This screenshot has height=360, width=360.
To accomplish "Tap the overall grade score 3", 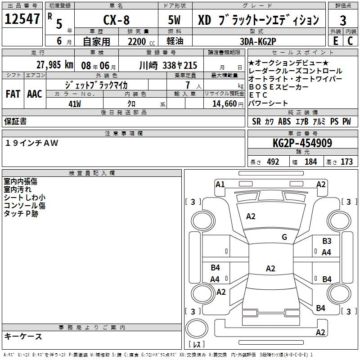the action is click(343, 20).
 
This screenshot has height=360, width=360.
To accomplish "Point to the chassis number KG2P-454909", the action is click(302, 143).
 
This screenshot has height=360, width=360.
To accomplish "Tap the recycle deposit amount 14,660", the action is click(220, 103).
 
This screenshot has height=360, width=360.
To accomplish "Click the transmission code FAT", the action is click(13, 94).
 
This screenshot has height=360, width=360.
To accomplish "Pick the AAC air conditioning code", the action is click(34, 94).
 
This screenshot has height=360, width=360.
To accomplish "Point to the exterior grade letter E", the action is click(335, 41).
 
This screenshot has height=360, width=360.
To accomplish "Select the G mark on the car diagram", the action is click(284, 237).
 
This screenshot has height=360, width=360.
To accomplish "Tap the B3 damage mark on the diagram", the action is click(327, 241).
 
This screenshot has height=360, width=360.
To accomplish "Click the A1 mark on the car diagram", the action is click(220, 184).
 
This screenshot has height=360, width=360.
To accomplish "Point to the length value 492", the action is click(273, 162).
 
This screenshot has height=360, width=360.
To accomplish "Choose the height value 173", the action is click(346, 162).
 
